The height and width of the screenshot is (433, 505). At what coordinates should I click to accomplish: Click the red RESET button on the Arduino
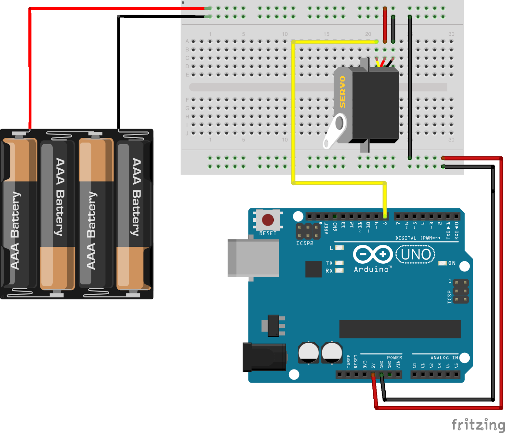coord(268,220)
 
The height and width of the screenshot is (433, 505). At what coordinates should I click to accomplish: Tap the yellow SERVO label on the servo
coord(342,92)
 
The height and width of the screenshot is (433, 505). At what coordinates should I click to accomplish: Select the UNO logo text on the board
coord(415,254)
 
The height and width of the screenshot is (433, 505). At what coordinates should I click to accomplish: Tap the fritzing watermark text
coord(478,424)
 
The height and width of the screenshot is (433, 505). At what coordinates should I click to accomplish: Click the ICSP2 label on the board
coord(305,244)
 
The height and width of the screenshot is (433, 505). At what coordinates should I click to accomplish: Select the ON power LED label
coord(452,263)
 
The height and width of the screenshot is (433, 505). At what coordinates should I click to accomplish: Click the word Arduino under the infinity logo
coord(371,269)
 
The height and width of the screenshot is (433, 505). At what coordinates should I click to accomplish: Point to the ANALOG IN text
coord(444,358)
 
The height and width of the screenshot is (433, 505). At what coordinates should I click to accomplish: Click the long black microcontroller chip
coord(400,329)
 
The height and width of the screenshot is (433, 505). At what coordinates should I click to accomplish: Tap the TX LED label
coord(329,263)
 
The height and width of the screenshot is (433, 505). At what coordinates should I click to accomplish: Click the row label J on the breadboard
coord(187,133)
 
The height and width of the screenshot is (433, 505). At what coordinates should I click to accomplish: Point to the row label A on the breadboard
coord(187,41)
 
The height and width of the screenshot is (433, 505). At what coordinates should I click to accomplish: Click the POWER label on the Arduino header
coord(394,358)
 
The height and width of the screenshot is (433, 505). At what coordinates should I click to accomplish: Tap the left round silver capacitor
coord(308,352)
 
